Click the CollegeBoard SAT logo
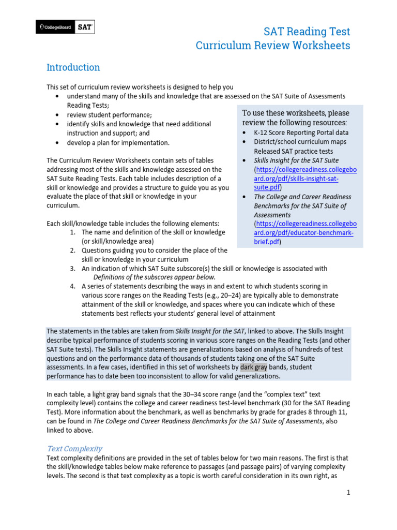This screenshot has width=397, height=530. pos(65,27)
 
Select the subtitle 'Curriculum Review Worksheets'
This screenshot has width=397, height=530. pos(272,46)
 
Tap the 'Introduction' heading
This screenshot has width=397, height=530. pos(73,67)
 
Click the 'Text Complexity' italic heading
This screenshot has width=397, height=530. pos(74,448)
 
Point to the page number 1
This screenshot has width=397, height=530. pos(348,492)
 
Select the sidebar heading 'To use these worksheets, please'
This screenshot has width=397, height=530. pos(296,113)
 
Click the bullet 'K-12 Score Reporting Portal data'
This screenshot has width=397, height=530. pos(301,132)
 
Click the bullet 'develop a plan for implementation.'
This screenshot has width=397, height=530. pos(118,143)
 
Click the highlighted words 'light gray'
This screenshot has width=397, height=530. pos(105,394)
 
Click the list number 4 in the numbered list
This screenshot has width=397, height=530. pos(73,286)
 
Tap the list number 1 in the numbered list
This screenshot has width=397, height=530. pos(73,232)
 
